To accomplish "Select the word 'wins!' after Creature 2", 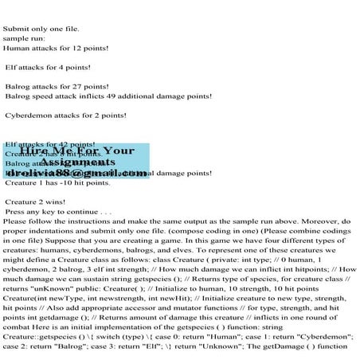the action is (x=57, y=202).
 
